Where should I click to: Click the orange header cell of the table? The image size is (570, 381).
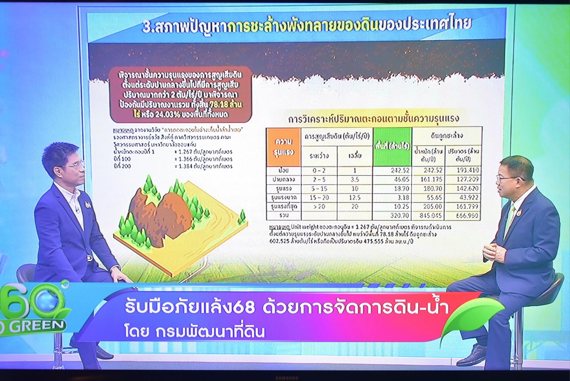click(x=283, y=147)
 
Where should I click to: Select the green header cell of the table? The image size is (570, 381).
click(x=392, y=147)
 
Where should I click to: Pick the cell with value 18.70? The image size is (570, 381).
click(x=392, y=189)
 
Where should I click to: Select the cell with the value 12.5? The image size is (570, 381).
click(x=355, y=198)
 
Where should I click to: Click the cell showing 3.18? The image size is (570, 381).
click(x=392, y=198)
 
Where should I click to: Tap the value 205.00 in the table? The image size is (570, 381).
click(x=428, y=207)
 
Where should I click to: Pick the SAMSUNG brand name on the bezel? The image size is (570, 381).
click(x=286, y=378)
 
